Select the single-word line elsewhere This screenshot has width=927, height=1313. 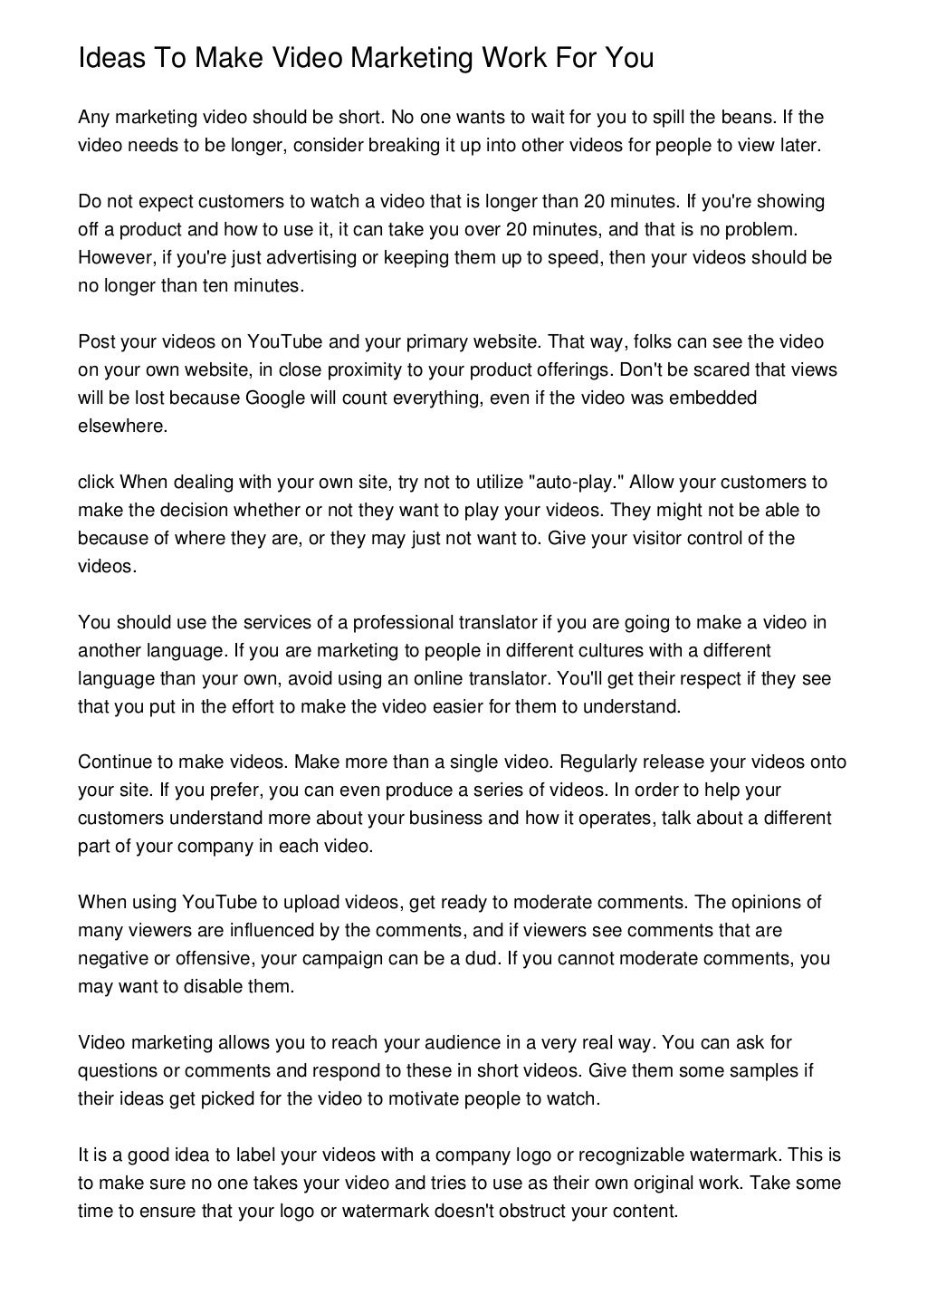122,426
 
